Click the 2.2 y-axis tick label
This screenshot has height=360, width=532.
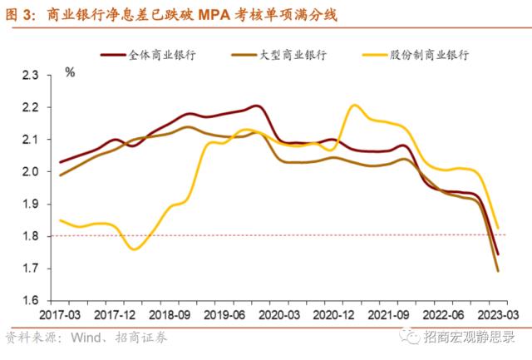point(31,107)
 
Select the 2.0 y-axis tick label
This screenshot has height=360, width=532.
point(31,172)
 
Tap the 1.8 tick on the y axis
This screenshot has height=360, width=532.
point(31,237)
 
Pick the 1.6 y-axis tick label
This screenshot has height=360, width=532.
point(31,301)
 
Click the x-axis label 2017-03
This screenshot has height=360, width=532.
point(59,315)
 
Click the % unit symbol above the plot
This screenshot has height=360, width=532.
point(69,73)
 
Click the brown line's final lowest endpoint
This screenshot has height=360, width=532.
point(497,270)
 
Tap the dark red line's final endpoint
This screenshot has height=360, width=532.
point(497,254)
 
